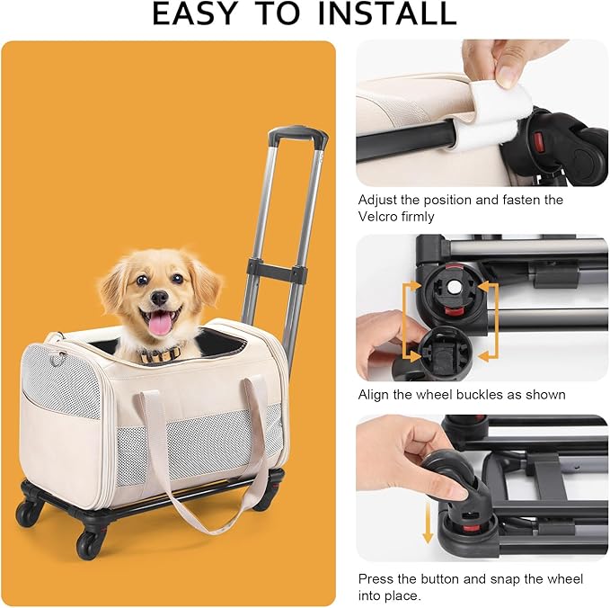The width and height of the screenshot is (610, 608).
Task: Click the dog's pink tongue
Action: pos(160,323)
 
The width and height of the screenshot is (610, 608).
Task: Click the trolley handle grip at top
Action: pos(297,135)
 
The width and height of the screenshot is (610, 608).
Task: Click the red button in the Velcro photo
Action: pos(541,141)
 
